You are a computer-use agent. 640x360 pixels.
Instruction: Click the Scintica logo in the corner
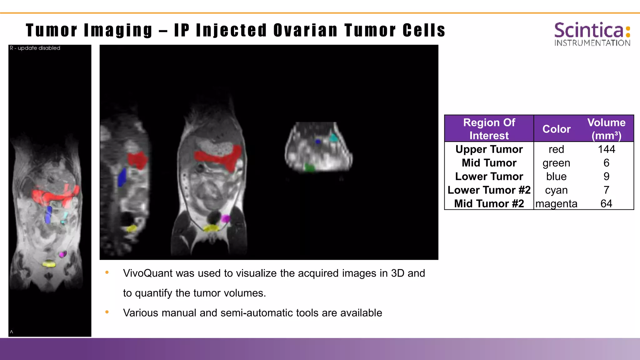(592, 34)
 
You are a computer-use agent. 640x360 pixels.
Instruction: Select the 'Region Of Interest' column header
(489, 129)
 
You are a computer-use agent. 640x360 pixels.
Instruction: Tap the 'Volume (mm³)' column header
(606, 129)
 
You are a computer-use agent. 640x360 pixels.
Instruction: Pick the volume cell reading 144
(606, 149)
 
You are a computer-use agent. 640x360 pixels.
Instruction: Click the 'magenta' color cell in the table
(556, 204)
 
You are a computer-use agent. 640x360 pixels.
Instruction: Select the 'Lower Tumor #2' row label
(489, 190)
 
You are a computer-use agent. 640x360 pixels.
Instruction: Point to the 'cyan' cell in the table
(556, 190)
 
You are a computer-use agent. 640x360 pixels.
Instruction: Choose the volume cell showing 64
(606, 204)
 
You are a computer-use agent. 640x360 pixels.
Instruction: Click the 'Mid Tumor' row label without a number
(489, 163)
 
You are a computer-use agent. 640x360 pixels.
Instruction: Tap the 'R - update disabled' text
(35, 48)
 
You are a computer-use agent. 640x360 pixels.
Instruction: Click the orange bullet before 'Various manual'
(107, 312)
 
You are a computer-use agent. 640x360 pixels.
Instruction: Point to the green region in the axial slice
(309, 168)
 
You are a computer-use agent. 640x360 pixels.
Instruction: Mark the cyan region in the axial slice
(334, 138)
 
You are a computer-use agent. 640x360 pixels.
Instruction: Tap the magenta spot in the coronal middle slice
(225, 218)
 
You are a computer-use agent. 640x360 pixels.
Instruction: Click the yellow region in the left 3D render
(49, 264)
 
